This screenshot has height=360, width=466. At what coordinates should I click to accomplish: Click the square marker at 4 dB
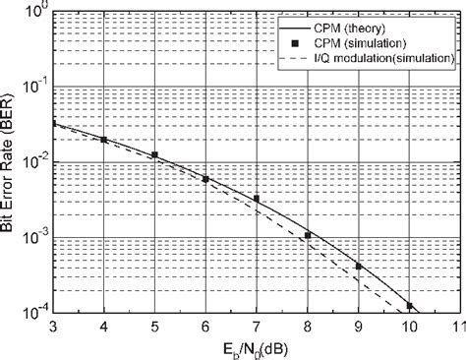(x=103, y=140)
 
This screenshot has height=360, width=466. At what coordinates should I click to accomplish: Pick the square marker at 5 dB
(x=154, y=154)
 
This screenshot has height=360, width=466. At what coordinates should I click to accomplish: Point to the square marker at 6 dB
(x=205, y=178)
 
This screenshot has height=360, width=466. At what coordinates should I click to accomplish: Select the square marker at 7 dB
(x=257, y=199)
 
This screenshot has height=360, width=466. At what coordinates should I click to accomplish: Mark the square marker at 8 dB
(x=308, y=235)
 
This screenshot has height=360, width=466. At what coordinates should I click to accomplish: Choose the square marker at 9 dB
(x=359, y=267)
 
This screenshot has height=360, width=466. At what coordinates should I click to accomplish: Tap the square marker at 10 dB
(x=410, y=306)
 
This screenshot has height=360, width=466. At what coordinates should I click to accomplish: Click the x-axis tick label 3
(x=52, y=327)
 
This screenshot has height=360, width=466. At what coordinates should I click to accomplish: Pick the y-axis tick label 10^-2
(x=33, y=162)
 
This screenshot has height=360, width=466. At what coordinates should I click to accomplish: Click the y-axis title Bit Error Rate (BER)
(x=9, y=162)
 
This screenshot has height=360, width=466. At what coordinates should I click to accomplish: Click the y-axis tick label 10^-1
(x=33, y=88)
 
